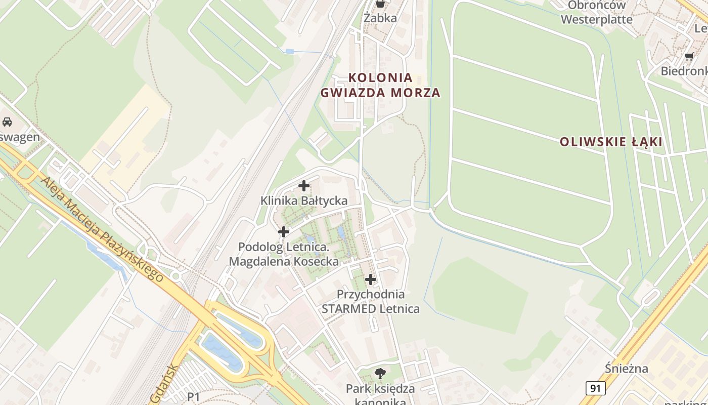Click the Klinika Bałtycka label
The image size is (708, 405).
pos(304,200)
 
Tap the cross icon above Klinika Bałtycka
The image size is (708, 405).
pos(304,186)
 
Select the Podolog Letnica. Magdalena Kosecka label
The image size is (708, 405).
pos(284,254)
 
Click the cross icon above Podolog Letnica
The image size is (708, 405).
pos(284,232)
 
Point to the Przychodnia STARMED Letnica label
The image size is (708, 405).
pos(371,301)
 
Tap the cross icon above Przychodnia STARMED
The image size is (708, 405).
pos(371,279)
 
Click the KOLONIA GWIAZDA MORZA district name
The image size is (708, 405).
pos(380,85)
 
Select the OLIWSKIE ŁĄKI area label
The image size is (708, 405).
pos(611,142)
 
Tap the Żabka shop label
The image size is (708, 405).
pos(380,18)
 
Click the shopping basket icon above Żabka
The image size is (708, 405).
pos(380,4)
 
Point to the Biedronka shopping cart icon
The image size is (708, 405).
pos(688,56)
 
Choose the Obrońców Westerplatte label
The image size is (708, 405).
pos(596,13)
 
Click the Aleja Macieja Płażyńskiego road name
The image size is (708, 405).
pos(103,229)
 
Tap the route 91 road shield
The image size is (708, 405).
pos(596,388)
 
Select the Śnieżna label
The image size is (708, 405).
pos(627,368)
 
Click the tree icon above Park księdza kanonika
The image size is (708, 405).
pos(380,374)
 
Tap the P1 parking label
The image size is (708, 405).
pos(194,397)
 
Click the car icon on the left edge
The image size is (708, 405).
pos(7,122)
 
